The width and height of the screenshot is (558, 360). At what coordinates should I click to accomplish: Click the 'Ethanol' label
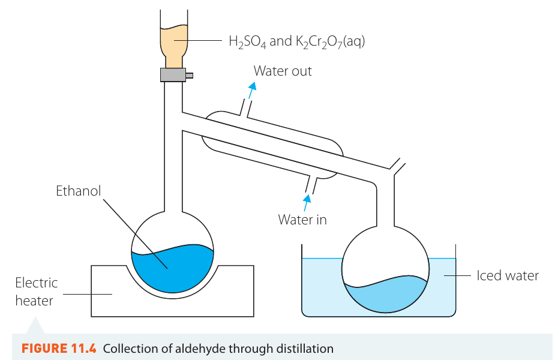[x=78, y=191]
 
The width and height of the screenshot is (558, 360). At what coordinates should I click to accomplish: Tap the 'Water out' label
[x=283, y=71]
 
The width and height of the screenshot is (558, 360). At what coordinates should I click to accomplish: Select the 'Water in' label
[x=302, y=220]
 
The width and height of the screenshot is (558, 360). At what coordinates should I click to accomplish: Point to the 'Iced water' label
[x=508, y=275]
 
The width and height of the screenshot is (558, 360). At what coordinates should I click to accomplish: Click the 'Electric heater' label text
[x=36, y=292]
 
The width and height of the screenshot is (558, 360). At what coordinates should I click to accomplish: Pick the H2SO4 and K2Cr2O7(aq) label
[x=297, y=41]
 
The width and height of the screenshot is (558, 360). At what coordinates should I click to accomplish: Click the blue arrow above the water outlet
[x=252, y=91]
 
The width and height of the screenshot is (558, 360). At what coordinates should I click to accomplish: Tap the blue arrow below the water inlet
[x=307, y=203]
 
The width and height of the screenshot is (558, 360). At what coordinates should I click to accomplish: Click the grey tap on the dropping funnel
[x=173, y=75]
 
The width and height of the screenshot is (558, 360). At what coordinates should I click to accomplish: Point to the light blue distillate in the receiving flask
[x=386, y=294]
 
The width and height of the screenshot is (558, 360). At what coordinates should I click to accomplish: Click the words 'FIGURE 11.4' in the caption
[x=59, y=348]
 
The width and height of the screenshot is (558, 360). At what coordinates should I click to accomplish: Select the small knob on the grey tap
[x=190, y=76]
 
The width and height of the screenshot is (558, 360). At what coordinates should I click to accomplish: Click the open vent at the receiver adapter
[x=398, y=166]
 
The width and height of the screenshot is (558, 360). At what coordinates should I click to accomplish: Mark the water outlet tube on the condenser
[x=246, y=108]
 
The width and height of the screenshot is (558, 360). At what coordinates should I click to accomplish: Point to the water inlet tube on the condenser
[x=311, y=185]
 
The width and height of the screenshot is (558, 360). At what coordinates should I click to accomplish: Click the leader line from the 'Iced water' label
[x=457, y=275]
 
